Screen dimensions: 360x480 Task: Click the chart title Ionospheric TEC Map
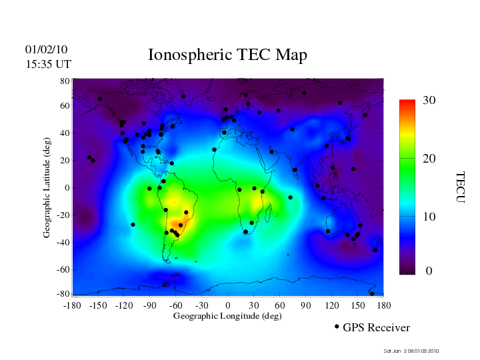point(227,55)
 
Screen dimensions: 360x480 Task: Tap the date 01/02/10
point(46,49)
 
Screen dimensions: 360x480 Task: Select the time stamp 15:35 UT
point(48,64)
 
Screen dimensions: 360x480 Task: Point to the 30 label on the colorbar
point(429,100)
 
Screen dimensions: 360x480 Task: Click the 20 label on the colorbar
point(429,161)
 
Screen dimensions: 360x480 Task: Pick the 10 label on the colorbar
point(429,217)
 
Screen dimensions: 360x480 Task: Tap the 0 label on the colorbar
point(429,271)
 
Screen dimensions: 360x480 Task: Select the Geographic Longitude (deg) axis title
point(227,316)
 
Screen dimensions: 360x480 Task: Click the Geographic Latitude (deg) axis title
point(47,191)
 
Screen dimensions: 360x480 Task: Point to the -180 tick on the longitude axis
point(72,305)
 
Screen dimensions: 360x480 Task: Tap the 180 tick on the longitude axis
point(383,305)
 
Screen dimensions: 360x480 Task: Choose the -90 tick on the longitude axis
point(149,305)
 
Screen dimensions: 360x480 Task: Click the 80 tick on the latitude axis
point(65,81)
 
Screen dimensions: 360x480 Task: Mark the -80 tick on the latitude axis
point(63,294)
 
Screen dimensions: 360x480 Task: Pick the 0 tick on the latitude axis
point(67,188)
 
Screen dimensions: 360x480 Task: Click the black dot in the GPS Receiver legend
point(337,327)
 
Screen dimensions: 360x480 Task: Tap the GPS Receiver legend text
point(376,327)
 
